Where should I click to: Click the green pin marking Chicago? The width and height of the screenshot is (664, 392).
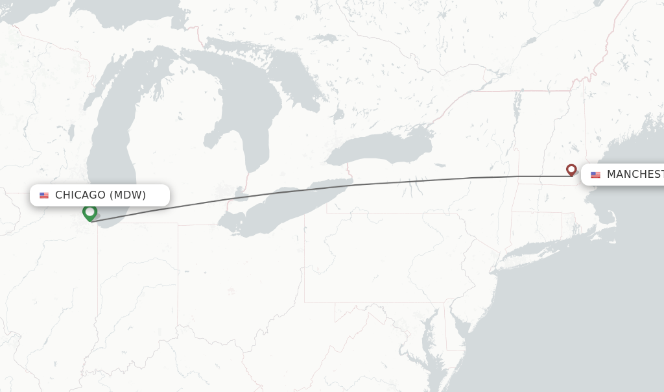click(89, 212)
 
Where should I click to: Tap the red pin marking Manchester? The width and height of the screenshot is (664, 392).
click(571, 169)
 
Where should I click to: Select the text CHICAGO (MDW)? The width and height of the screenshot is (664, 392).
click(101, 195)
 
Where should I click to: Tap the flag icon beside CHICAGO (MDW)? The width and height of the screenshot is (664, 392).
click(44, 195)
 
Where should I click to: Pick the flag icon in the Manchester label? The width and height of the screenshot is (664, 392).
click(595, 175)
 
